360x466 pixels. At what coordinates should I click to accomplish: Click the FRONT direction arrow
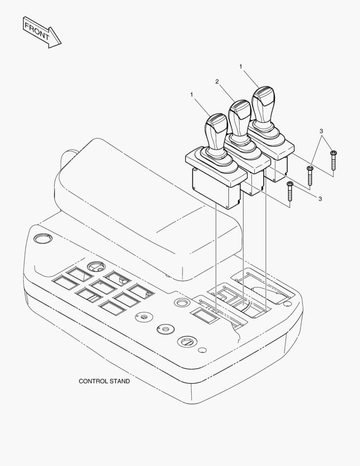point(41,32)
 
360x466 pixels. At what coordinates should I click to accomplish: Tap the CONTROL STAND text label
point(104,381)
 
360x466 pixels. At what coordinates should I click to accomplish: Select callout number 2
point(217,82)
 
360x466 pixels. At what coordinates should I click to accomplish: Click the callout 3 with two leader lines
point(321,131)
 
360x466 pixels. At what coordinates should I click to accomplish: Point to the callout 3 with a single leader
point(320,198)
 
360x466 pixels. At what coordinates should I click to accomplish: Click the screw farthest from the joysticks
point(333,161)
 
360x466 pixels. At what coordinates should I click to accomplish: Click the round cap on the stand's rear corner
point(42,238)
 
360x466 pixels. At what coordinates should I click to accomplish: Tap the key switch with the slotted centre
point(187,342)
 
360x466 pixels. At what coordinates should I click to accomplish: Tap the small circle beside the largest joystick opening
point(287,304)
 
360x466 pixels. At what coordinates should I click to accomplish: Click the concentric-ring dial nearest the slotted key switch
point(166,329)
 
